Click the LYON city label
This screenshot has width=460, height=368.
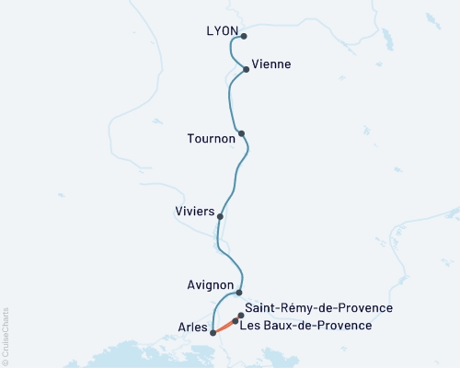pyautogui.click(x=223, y=31)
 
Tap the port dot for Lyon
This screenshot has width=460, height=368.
pyautogui.click(x=244, y=38)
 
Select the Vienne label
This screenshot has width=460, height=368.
pyautogui.click(x=272, y=63)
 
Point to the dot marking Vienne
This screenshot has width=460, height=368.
pyautogui.click(x=246, y=69)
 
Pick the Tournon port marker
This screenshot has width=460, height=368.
pyautogui.click(x=241, y=134)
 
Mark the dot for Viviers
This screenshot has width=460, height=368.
pyautogui.click(x=220, y=217)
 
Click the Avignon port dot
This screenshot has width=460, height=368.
pyautogui.click(x=239, y=292)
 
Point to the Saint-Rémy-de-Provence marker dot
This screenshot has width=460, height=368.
pyautogui.click(x=241, y=316)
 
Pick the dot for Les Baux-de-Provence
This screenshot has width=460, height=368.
pyautogui.click(x=236, y=321)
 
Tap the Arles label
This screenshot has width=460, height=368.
pyautogui.click(x=191, y=327)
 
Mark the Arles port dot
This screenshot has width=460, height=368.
pyautogui.click(x=213, y=333)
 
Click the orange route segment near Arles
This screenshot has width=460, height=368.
pyautogui.click(x=224, y=328)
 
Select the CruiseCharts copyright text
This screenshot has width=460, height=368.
pyautogui.click(x=6, y=337)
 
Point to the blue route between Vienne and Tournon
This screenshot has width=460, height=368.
pyautogui.click(x=229, y=101)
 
